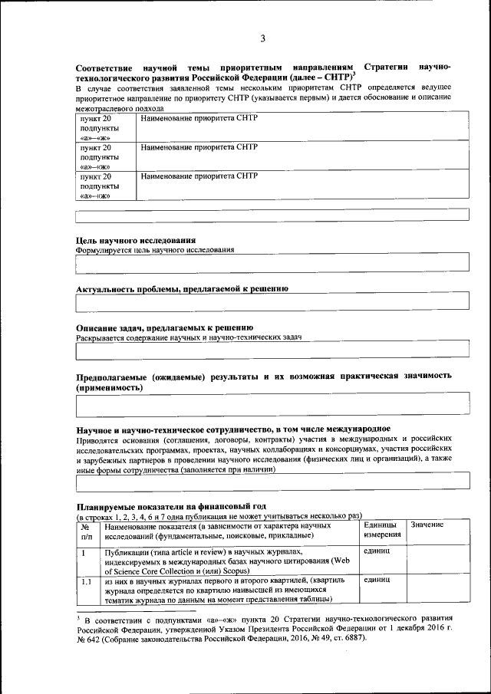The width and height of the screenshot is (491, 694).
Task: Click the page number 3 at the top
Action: coord(262,38)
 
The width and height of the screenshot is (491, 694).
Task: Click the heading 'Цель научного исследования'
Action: coord(130,240)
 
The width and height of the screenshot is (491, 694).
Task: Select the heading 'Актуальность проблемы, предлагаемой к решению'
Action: coord(182,288)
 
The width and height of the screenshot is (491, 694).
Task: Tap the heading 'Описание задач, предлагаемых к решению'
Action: coord(164,327)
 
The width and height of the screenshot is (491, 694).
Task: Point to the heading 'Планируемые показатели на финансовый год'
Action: coord(170,506)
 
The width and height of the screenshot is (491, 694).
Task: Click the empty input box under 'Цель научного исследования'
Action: coord(272,263)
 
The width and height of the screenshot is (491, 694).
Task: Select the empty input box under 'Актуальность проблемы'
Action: coord(272,304)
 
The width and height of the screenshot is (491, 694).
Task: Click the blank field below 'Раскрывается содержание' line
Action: coord(272,350)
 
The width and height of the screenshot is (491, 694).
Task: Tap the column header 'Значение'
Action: coord(427,525)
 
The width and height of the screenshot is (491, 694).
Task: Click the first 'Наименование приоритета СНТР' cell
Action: coord(199,119)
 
